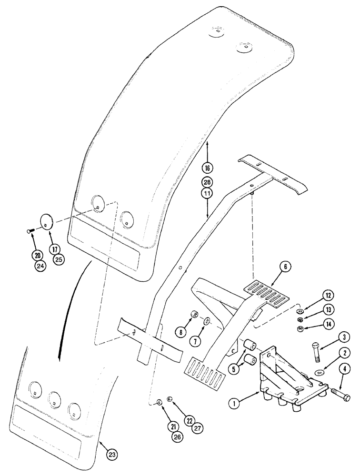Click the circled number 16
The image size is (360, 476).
click(208, 168)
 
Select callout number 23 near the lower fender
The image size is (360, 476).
click(111, 455)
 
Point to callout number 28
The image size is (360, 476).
click(208, 183)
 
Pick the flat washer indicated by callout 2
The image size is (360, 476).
click(320, 371)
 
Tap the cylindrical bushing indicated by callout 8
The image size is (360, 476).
click(195, 316)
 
